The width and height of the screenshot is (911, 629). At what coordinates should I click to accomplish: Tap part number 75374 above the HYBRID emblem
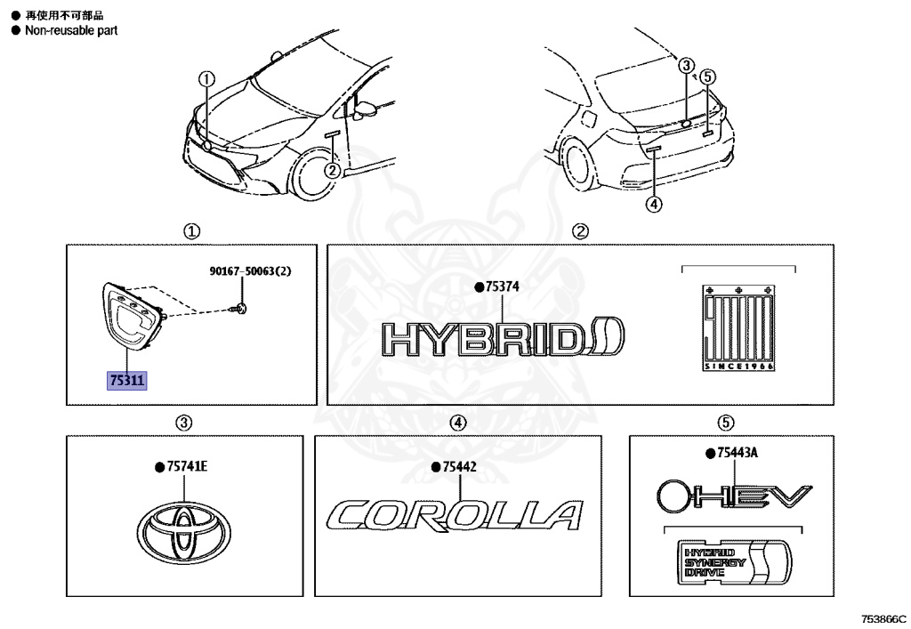pyautogui.click(x=501, y=287)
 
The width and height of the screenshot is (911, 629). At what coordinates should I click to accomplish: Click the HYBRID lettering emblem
pyautogui.click(x=504, y=338)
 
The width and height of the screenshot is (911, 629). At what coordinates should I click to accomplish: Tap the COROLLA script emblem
pyautogui.click(x=454, y=516)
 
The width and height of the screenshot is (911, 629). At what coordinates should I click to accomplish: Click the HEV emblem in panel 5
pyautogui.click(x=734, y=494)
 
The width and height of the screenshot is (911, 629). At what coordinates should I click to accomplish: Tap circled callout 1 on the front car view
pyautogui.click(x=206, y=78)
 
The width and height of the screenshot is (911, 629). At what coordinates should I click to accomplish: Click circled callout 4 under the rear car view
pyautogui.click(x=654, y=205)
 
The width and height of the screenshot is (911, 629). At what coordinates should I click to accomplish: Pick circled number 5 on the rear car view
pyautogui.click(x=708, y=77)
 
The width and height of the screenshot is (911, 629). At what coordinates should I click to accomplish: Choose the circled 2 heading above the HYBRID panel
pyautogui.click(x=580, y=231)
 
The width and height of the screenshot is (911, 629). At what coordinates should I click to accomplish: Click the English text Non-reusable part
pyautogui.click(x=71, y=30)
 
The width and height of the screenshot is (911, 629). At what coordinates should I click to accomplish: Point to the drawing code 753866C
pyautogui.click(x=883, y=617)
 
